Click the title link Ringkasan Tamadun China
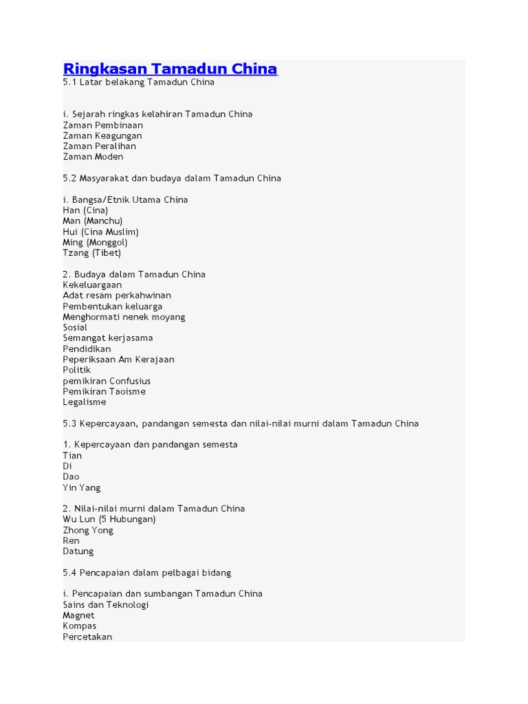[170, 69]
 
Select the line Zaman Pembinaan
[103, 125]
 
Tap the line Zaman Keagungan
[102, 135]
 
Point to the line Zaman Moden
[93, 157]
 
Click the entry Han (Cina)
[85, 210]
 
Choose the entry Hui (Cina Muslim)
[100, 232]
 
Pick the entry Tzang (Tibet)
[91, 253]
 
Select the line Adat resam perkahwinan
[117, 296]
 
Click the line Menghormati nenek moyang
[124, 317]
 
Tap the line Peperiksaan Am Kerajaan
[118, 360]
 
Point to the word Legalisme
[85, 402]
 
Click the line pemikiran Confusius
[107, 381]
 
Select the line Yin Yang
[82, 487]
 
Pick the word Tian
[72, 455]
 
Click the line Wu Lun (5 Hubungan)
[109, 519]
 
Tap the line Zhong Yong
[88, 530]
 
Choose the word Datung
[78, 551]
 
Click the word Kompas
[80, 626]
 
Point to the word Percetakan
[87, 637]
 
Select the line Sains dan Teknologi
[106, 604]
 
